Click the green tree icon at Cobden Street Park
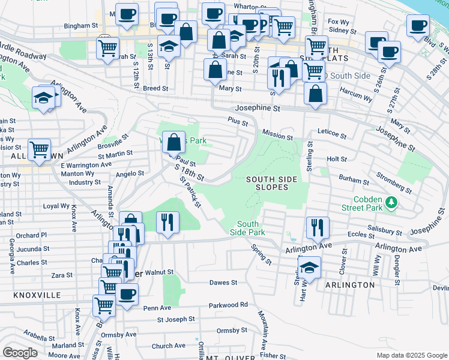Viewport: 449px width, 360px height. pos(391,202)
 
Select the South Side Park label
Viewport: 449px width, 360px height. pos(247,228)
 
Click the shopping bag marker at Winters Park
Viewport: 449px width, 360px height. pos(173,143)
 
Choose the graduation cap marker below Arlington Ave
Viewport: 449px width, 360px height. pos(309,266)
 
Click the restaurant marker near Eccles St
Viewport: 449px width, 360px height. pos(318,227)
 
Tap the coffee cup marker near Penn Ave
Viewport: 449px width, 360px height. pos(127,295)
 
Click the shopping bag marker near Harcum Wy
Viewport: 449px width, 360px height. pos(316,94)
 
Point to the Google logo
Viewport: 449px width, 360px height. pos(20,353)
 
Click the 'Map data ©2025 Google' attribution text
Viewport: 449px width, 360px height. pos(411,355)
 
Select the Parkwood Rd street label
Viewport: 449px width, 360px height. pos(228,305)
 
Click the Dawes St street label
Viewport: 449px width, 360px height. pos(223,282)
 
